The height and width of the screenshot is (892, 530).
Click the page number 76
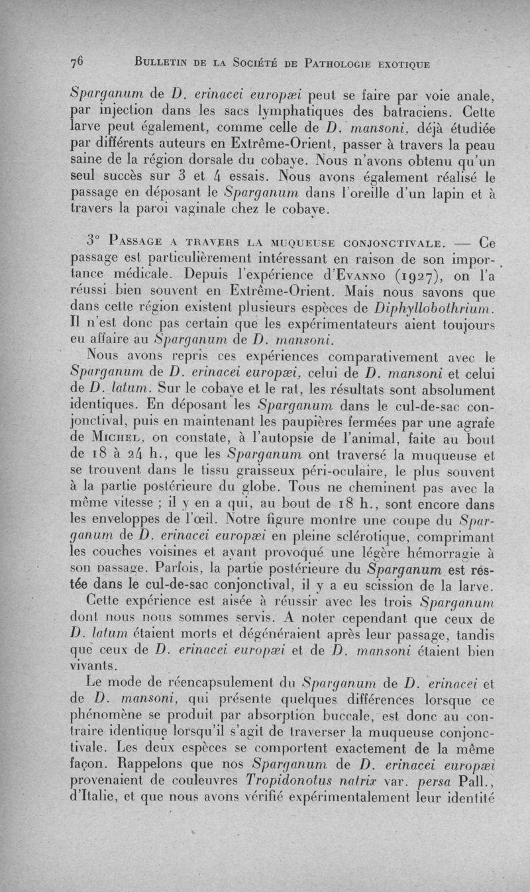pos(78,62)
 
